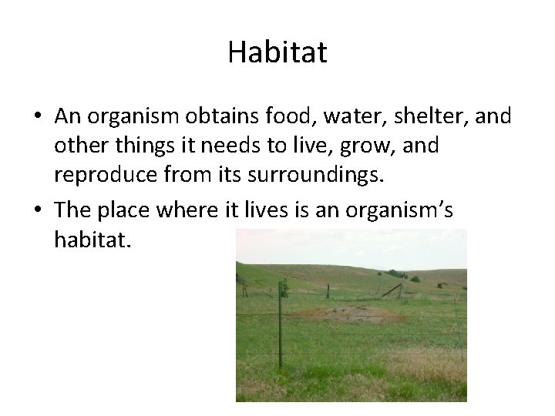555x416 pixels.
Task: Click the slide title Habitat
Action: (x=277, y=53)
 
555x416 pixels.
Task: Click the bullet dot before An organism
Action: (x=38, y=116)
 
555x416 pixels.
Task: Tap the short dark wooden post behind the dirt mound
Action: (x=328, y=290)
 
